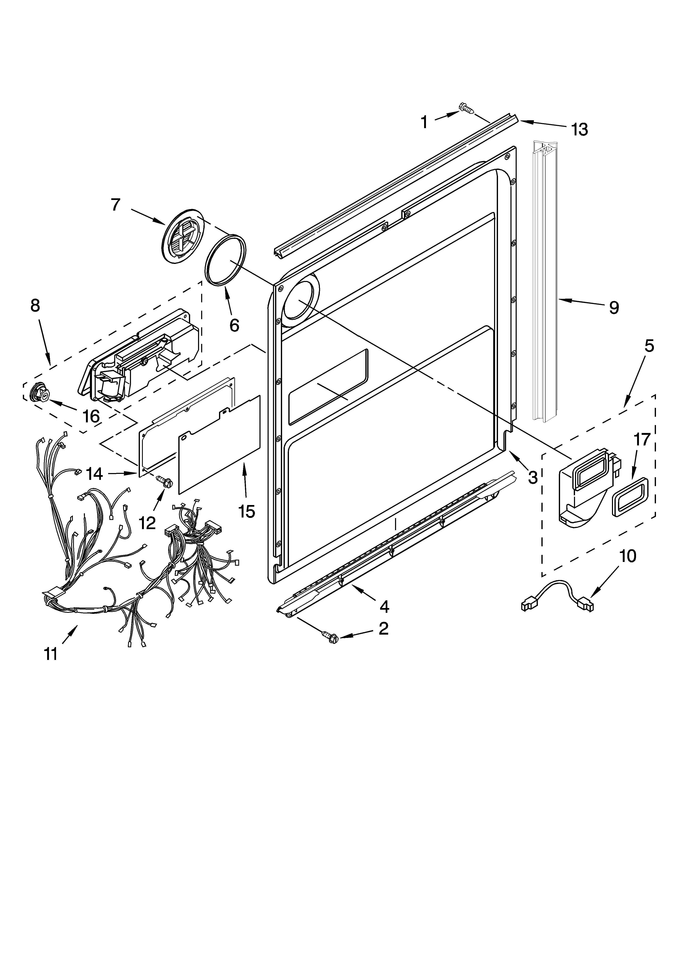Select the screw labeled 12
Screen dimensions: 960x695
point(164,481)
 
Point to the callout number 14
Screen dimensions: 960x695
point(94,474)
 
